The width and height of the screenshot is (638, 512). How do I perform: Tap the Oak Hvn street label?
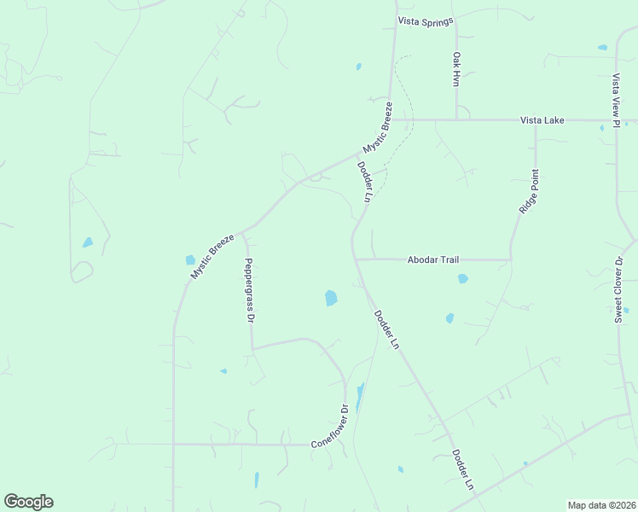pos(456,68)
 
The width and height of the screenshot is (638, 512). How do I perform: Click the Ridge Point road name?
pos(529,192)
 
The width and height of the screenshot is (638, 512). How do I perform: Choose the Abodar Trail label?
pos(433,259)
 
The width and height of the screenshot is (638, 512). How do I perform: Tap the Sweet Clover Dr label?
pos(620,288)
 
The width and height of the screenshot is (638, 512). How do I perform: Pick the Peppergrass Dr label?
pos(250,290)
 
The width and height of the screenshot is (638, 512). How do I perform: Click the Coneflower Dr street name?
pos(331,427)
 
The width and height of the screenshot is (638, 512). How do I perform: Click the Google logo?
pos(28,502)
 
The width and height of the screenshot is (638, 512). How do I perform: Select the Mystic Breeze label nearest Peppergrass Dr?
pos(212,256)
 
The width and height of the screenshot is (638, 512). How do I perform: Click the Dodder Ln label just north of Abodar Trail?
pos(365,182)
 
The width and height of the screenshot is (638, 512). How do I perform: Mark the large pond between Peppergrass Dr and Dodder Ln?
pos(331,298)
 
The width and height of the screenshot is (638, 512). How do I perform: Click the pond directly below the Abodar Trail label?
pos(462,278)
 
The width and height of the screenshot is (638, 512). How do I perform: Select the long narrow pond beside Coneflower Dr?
pos(360,397)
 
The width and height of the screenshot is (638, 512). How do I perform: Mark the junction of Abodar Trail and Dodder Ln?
pos(355,259)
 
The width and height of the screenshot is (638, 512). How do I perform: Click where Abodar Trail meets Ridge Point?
pos(510,259)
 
